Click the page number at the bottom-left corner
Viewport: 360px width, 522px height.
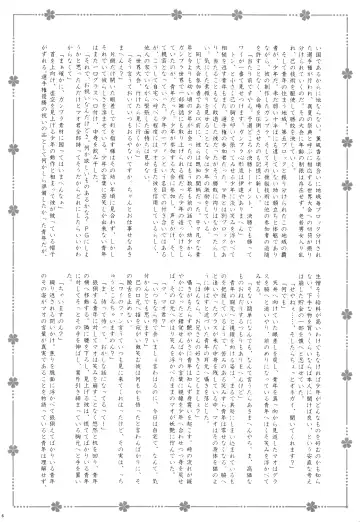6,515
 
